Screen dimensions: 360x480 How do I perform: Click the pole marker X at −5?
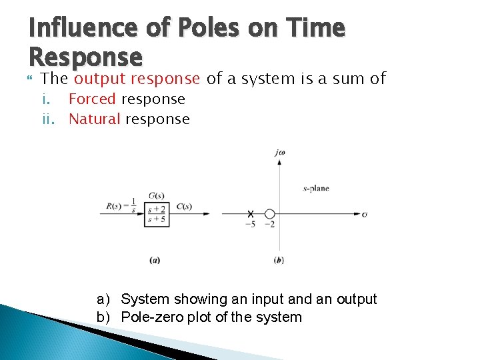[x=251, y=214]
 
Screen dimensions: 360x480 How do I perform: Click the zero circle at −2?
[x=269, y=214]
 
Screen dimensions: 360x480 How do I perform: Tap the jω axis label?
[x=280, y=153]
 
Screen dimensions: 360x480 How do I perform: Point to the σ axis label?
[x=365, y=214]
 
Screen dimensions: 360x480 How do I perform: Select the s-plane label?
[x=316, y=189]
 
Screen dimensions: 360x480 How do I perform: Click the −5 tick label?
[x=249, y=225]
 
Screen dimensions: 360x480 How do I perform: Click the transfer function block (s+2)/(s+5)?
[x=156, y=213]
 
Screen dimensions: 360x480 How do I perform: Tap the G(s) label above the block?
[x=157, y=196]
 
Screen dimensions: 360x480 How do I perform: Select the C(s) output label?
[x=185, y=206]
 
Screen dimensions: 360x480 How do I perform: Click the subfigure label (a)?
[x=155, y=260]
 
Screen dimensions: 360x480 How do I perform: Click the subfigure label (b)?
[x=279, y=260]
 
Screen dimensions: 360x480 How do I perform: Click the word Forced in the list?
[x=93, y=99]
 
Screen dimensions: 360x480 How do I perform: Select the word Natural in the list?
[x=95, y=119]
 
